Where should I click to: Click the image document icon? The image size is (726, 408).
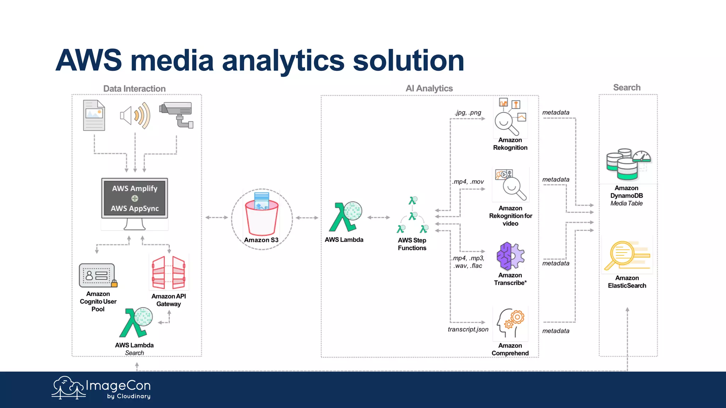point(94,115)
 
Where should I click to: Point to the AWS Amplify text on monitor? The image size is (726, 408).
point(135,188)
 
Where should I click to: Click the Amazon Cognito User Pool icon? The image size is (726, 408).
point(97,275)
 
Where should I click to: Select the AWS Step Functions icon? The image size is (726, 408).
point(412,215)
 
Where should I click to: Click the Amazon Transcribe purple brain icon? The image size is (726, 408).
point(510,256)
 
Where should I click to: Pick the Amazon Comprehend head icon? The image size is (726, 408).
point(510,323)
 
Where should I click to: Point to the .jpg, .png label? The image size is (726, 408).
point(468,113)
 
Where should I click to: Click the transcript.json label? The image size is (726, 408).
point(468,329)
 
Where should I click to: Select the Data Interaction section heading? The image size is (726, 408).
point(134,89)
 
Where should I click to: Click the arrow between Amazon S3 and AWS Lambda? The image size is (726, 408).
point(307,217)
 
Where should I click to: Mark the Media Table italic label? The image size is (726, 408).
point(626,203)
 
